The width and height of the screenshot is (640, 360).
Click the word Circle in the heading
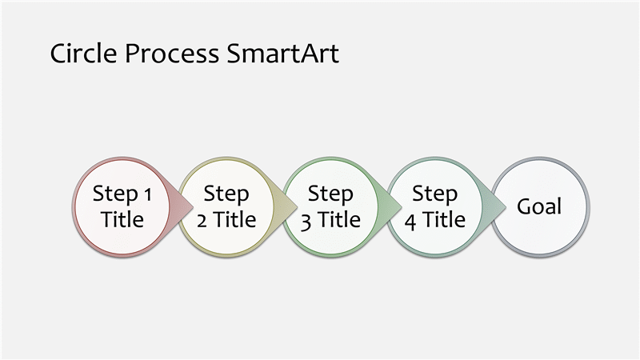[84, 54]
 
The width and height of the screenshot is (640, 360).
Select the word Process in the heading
[172, 54]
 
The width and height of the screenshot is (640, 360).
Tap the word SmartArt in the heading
[282, 54]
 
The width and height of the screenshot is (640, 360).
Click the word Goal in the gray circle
[539, 206]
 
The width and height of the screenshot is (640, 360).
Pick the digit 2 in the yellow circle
[202, 222]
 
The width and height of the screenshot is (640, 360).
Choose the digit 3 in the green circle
[306, 222]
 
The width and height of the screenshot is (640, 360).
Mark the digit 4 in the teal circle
[410, 222]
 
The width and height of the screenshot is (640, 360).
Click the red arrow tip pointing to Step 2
[193, 207]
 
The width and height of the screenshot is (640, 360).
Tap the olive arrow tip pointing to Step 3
[297, 207]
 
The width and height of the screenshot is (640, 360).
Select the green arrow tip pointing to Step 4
[402, 207]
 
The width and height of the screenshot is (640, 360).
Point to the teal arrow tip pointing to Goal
[506, 207]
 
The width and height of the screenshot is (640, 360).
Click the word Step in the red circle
[115, 194]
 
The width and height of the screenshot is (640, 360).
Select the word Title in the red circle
[122, 219]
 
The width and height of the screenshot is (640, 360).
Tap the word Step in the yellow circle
[226, 194]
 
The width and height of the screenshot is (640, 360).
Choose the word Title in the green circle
[339, 219]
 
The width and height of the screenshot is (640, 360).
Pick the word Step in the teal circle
[434, 194]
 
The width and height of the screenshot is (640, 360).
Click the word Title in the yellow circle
[234, 219]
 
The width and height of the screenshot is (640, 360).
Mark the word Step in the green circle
[330, 194]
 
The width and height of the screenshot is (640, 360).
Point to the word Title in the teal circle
[444, 219]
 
